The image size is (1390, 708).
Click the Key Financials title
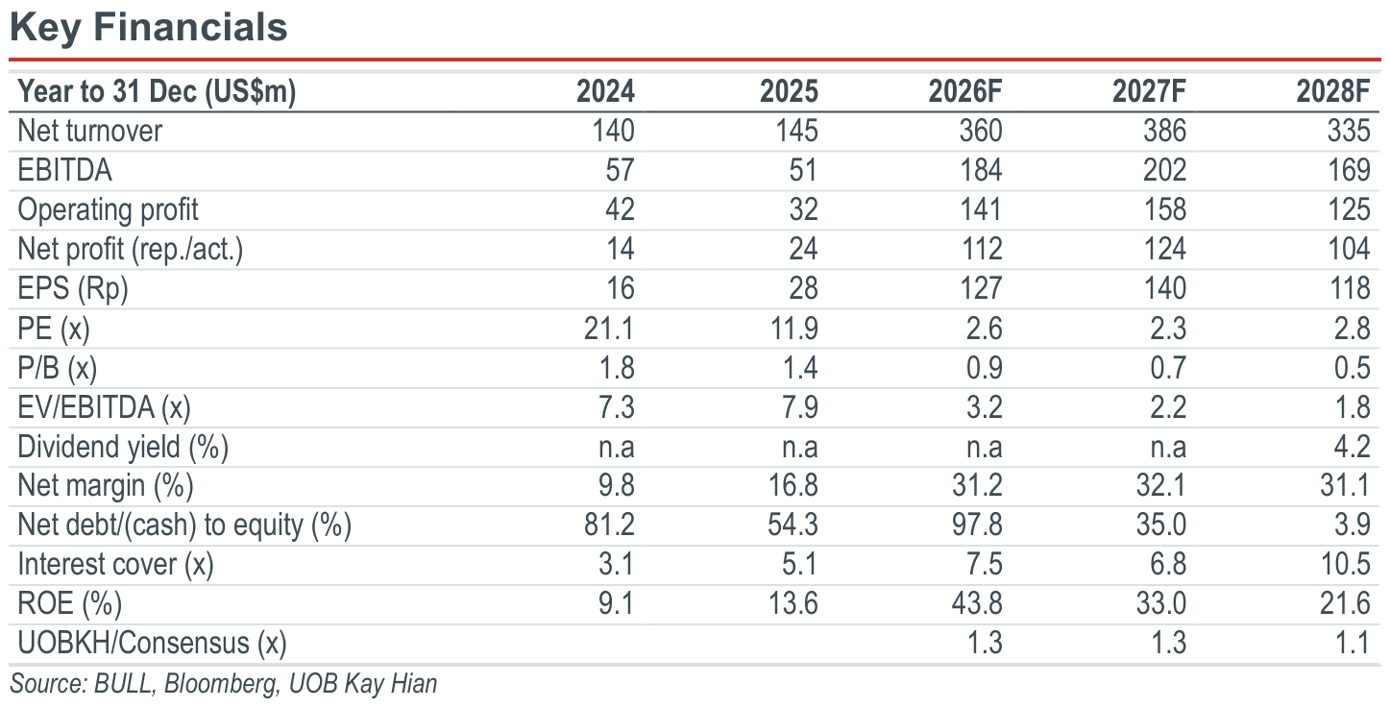[149, 29]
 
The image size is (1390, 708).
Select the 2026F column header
[965, 91]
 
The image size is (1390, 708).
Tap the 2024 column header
[605, 91]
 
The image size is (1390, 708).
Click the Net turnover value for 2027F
[1165, 131]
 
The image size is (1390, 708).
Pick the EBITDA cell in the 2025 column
[803, 170]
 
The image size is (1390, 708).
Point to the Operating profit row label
[108, 209]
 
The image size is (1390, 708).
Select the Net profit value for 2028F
[1349, 249]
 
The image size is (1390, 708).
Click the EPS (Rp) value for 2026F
[981, 288]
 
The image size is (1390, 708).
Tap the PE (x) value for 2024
[609, 329]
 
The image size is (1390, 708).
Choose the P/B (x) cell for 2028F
[1353, 368]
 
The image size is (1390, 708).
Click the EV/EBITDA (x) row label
[105, 407]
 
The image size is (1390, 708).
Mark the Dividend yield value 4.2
[1353, 447]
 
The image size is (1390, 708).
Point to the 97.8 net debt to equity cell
[977, 525]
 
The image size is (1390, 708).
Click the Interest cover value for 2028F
[1345, 564]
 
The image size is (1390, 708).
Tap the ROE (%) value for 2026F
[977, 603]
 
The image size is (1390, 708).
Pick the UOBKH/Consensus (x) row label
[152, 643]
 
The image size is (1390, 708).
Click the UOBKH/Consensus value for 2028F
[1353, 643]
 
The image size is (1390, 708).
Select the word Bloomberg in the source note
[220, 684]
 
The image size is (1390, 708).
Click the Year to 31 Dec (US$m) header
[157, 92]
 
